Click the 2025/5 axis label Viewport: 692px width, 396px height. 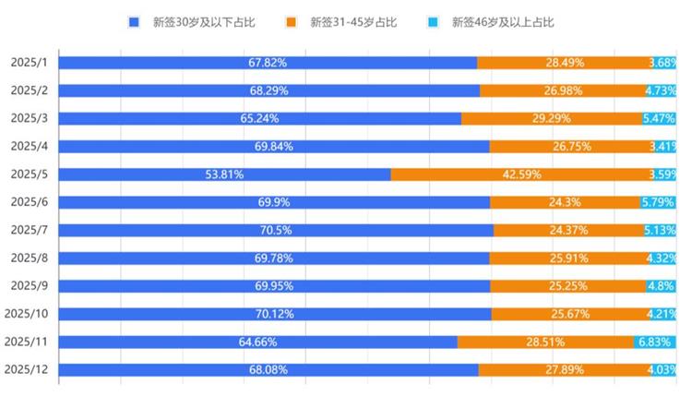click(x=29, y=174)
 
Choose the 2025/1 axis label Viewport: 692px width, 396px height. click(x=29, y=63)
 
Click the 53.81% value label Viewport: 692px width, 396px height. click(x=223, y=174)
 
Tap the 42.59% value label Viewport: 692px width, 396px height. click(x=521, y=174)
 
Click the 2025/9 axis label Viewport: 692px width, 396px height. click(x=29, y=286)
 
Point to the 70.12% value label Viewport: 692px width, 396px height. click(x=274, y=314)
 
